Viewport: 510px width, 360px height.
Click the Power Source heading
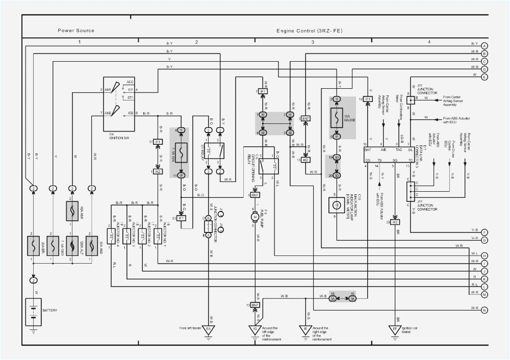pos(76,31)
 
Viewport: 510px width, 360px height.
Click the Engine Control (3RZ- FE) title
pos(309,31)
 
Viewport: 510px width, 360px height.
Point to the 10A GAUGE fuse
pos(336,118)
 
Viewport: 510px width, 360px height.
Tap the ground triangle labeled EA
pos(209,329)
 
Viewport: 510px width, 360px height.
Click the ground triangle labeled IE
pos(306,329)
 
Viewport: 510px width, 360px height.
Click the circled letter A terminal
pos(484,45)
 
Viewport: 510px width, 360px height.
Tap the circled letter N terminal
pos(484,310)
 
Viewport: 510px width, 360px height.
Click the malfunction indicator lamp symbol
pos(336,204)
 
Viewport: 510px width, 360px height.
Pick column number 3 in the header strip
pos(313,41)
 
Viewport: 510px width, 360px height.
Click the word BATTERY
pos(50,310)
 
